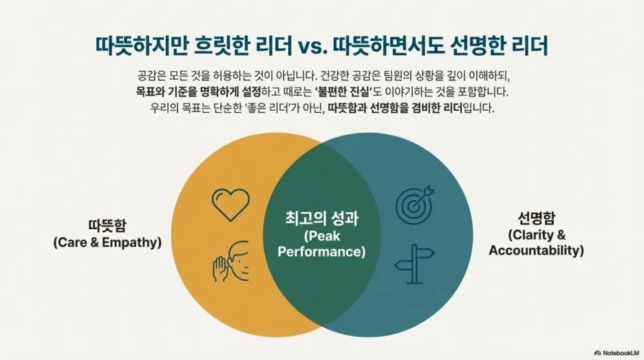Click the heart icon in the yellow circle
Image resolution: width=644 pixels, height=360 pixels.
click(x=230, y=204)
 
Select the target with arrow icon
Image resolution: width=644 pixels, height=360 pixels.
click(x=416, y=203)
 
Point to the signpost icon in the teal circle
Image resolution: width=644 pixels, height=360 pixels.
click(x=415, y=262)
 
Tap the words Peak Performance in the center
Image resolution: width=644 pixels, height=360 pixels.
click(x=322, y=244)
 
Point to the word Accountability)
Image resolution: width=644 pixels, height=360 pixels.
click(x=537, y=251)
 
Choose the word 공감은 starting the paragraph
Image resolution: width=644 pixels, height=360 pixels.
click(x=151, y=75)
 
